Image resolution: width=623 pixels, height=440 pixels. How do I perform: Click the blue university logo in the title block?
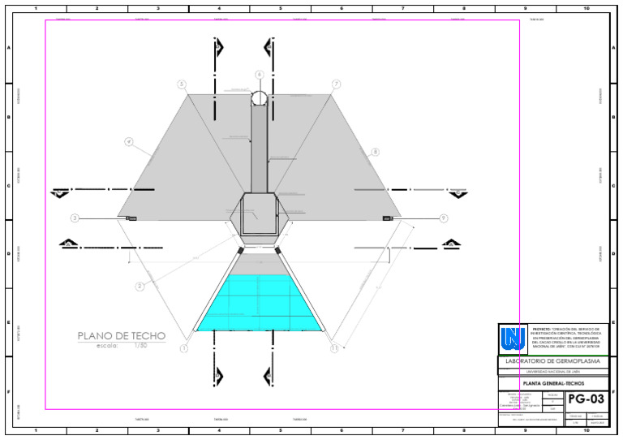[x=513, y=337]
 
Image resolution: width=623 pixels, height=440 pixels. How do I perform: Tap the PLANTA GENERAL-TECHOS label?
[x=552, y=383]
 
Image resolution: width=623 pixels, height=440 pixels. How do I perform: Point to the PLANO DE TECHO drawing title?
[x=122, y=336]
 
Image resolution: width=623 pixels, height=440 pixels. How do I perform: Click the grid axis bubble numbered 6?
[x=259, y=75]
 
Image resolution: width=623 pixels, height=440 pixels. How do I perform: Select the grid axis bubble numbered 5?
[x=182, y=84]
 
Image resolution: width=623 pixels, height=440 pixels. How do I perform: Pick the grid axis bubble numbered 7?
[x=336, y=84]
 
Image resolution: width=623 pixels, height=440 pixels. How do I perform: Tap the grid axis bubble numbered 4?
[x=128, y=142]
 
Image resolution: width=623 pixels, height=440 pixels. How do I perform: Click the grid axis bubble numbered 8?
[x=375, y=152]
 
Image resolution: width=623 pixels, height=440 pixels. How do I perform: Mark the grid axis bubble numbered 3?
[x=75, y=218]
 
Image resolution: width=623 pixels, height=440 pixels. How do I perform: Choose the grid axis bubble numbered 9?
[x=444, y=218]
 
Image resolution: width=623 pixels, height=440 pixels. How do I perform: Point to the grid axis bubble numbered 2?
[x=140, y=286]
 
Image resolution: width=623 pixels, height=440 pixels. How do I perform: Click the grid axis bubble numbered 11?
[x=334, y=348]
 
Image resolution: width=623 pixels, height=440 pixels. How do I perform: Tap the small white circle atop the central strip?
[x=259, y=98]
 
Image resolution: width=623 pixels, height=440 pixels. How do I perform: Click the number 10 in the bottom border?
[x=586, y=430]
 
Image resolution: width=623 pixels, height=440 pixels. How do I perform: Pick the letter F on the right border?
[x=617, y=393]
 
